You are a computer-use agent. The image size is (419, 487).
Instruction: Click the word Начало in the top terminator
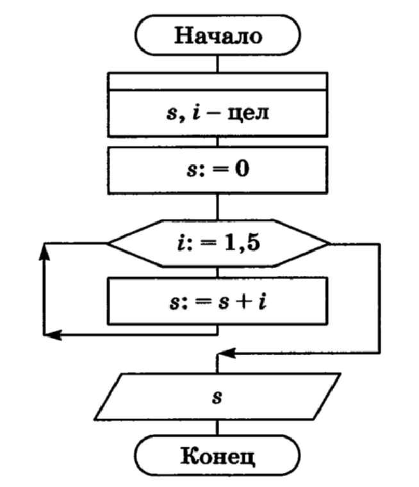click(218, 35)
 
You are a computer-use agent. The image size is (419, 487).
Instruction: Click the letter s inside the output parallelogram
click(217, 397)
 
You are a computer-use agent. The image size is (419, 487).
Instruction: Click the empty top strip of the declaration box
click(218, 81)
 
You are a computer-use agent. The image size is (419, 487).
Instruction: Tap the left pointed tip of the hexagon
click(108, 243)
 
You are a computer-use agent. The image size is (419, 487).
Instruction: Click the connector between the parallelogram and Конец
click(218, 427)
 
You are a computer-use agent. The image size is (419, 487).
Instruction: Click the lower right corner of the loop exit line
click(381, 353)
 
